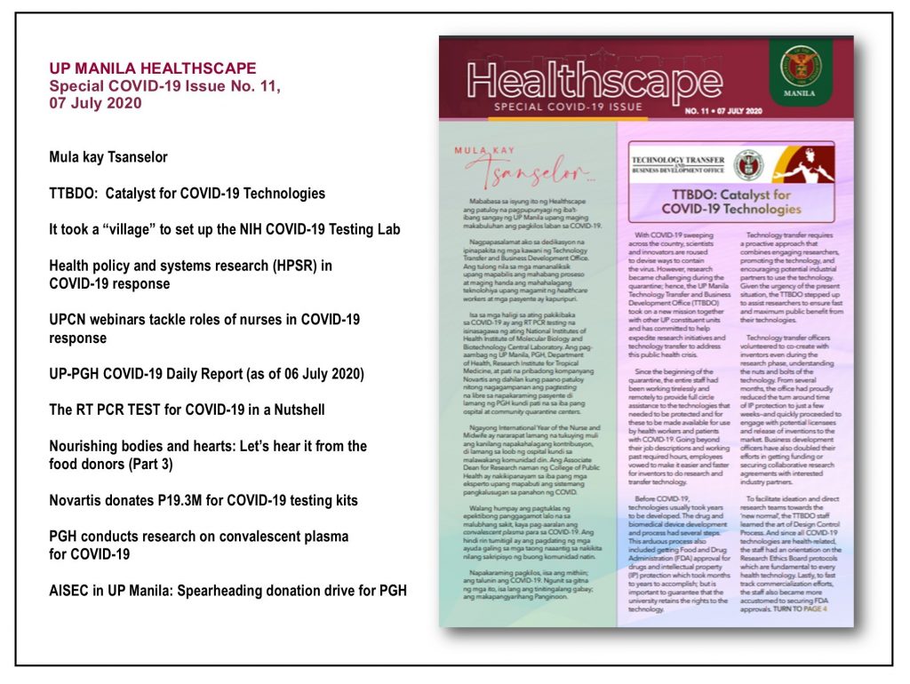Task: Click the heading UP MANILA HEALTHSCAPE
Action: pyautogui.click(x=152, y=68)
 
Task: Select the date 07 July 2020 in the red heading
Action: pyautogui.click(x=94, y=102)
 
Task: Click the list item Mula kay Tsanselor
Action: pyautogui.click(x=108, y=157)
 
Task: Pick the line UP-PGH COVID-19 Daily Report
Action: pyautogui.click(x=206, y=374)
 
